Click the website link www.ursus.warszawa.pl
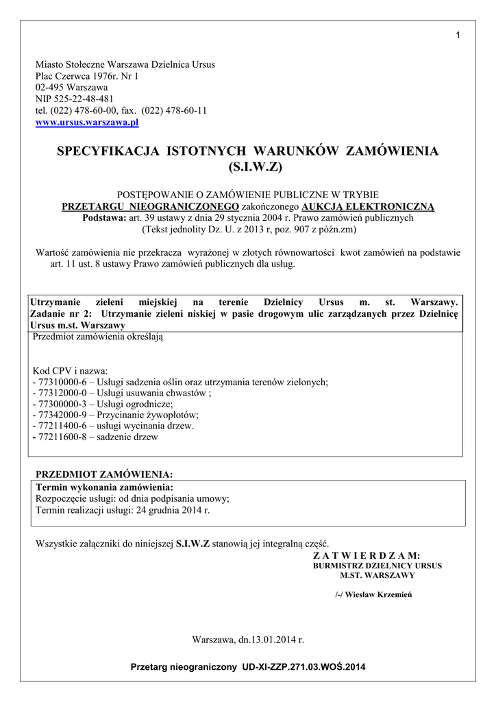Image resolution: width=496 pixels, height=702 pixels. [87, 123]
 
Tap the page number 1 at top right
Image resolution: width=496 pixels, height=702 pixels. [457, 36]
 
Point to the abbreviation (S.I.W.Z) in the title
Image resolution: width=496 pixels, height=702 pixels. [248, 167]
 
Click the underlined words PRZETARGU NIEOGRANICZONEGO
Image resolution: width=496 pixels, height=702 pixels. [151, 206]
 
